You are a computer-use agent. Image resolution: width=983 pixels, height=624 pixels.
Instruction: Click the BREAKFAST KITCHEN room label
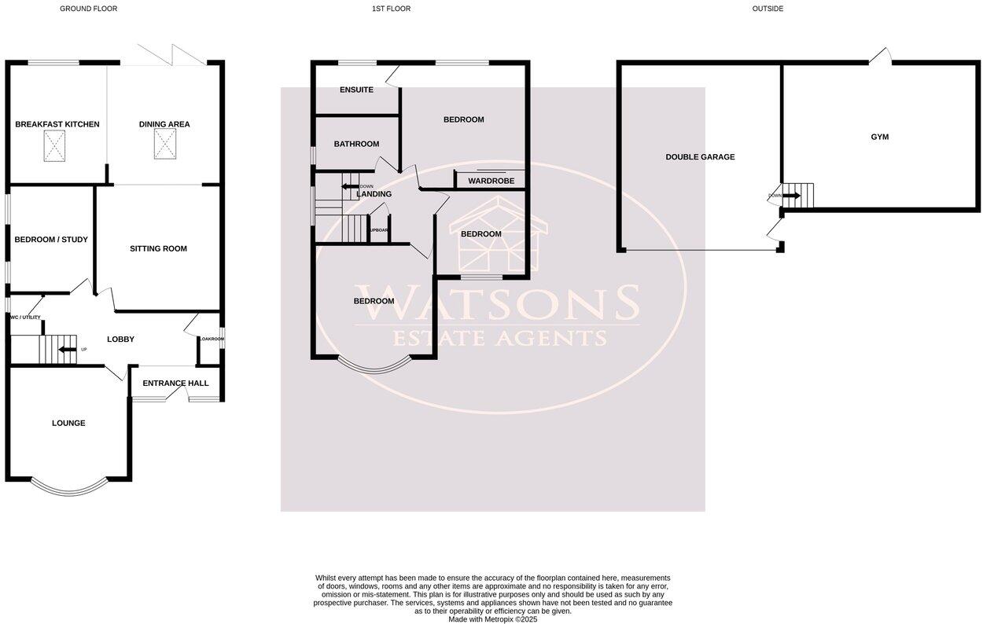pos(57,124)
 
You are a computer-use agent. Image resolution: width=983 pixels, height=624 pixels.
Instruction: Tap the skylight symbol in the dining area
pos(165,145)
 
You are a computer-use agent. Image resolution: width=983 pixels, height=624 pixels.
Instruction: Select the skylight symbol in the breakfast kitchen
pos(54,145)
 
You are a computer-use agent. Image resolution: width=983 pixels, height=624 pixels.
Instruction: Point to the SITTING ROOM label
pos(158,248)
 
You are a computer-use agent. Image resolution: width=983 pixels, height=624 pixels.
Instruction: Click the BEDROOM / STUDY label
pos(51,240)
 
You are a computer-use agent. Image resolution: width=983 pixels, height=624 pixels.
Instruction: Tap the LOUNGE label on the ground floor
pos(68,423)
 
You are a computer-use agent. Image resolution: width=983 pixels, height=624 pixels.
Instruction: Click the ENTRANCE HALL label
pos(176,384)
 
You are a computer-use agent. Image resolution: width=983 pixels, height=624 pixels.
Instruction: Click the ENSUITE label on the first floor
pos(356,90)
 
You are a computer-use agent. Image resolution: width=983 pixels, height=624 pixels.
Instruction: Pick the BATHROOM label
pos(356,144)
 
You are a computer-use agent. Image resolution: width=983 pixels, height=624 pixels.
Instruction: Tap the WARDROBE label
pos(491,181)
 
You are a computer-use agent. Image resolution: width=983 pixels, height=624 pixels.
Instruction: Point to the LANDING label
pos(374,194)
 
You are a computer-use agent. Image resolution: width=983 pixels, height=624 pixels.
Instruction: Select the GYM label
pos(879,137)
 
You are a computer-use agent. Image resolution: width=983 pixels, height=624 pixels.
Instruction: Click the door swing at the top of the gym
pos(882,57)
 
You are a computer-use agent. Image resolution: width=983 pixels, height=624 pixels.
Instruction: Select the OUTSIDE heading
pos(768,9)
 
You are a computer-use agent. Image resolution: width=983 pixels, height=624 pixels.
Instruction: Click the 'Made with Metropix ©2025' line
pos(493,619)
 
